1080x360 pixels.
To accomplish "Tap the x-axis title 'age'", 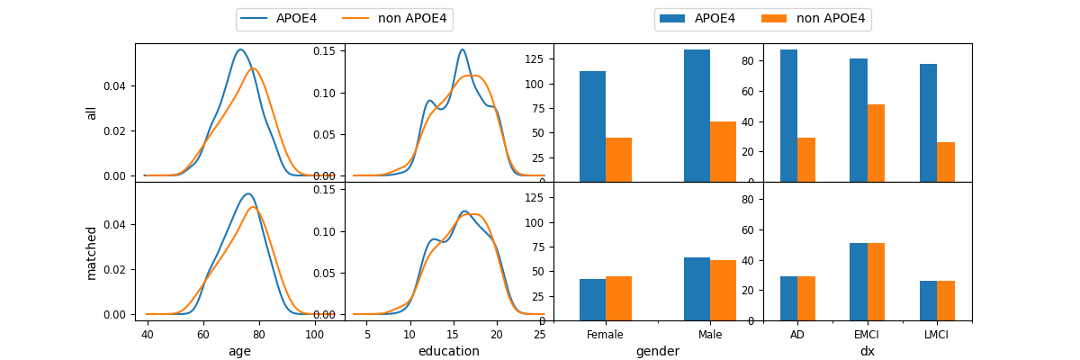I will [239, 351].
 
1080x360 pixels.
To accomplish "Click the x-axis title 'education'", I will [448, 351].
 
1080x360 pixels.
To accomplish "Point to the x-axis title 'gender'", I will [658, 351].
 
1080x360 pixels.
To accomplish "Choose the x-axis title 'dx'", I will [868, 351].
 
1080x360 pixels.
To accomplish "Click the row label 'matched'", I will [91, 252].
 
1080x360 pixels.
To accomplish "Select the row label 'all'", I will [91, 112].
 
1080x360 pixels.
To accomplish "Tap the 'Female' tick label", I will [605, 335].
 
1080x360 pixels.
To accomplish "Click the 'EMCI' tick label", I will [868, 335].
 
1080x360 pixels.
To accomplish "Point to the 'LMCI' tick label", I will [937, 335].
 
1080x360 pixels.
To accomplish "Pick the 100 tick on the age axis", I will [314, 335].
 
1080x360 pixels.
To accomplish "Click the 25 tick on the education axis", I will [540, 335].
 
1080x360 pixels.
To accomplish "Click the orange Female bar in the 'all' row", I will [618, 159].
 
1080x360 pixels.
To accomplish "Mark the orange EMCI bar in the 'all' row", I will [876, 143].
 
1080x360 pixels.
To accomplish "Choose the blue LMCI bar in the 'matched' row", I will [928, 301].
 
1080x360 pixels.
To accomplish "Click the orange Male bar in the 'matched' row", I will [723, 290].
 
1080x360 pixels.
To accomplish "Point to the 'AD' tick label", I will [797, 335].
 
